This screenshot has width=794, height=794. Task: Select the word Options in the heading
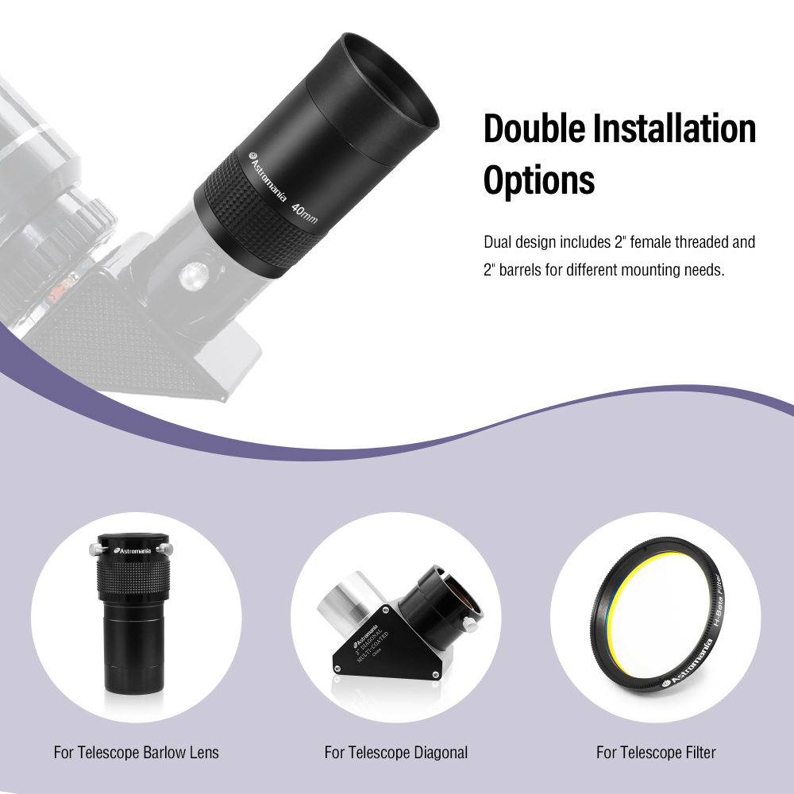click(x=539, y=181)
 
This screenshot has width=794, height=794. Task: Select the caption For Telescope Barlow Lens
click(x=136, y=752)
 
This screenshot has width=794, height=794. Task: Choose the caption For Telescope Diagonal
click(x=396, y=752)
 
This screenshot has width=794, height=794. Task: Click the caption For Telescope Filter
click(x=656, y=752)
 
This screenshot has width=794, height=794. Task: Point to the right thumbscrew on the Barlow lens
click(x=165, y=549)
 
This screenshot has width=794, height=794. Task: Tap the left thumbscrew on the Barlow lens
click(x=94, y=549)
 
